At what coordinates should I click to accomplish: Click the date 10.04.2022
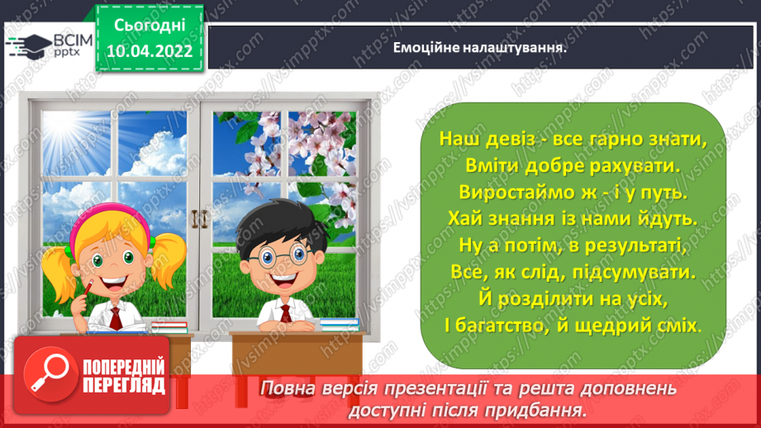(x=150, y=51)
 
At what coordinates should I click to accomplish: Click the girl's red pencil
(x=85, y=289)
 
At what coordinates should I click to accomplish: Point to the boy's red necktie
(x=285, y=315)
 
